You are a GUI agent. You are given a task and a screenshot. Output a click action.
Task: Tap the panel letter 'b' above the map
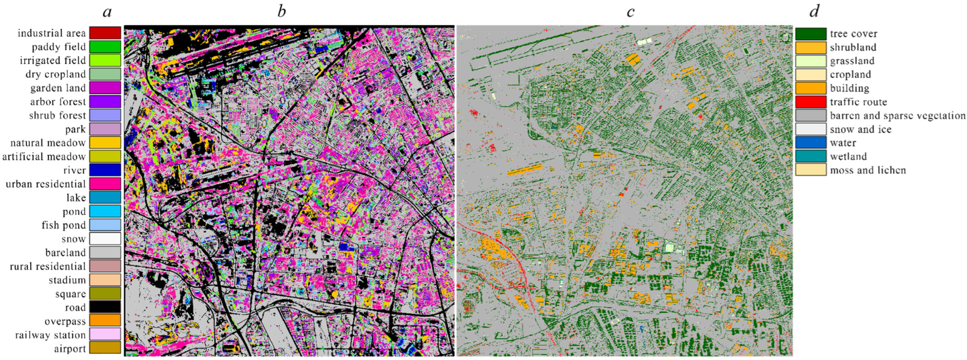281,12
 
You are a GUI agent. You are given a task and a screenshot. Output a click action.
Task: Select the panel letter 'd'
814,12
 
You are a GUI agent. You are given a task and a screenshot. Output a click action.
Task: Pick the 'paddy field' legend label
59,47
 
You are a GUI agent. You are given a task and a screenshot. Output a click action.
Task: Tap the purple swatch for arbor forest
105,101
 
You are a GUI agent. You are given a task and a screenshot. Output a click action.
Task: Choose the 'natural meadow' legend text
48,143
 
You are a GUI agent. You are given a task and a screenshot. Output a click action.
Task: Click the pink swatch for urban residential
105,184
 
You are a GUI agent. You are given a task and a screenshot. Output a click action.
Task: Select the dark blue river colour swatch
105,170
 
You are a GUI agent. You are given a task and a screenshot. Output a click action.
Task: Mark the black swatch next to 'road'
105,307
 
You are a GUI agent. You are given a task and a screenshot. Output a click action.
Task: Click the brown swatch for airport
105,348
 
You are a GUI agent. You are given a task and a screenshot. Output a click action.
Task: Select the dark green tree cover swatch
811,34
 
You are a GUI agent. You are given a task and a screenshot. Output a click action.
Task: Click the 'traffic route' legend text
858,102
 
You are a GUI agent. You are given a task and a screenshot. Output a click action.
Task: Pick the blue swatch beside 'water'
811,143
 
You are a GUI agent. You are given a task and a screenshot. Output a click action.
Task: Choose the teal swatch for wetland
811,156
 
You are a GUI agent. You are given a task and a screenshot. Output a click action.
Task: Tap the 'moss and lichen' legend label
868,170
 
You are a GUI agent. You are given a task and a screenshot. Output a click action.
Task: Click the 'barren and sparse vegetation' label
897,116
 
